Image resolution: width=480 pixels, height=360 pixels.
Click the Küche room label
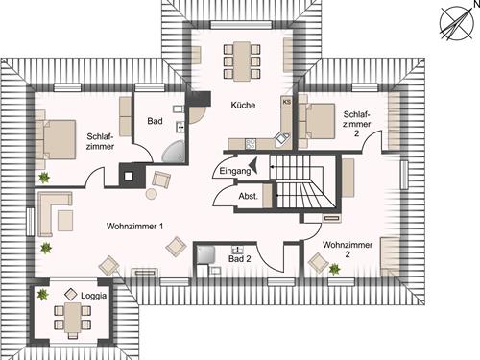coord(243,107)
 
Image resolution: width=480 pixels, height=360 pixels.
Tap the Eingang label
coord(235,171)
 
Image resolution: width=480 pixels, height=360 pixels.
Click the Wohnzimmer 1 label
coord(135,226)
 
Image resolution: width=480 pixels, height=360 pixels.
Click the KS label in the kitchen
coord(286,101)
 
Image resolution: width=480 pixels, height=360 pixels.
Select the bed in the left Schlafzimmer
coord(57,134)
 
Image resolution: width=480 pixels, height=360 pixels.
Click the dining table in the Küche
coord(242,60)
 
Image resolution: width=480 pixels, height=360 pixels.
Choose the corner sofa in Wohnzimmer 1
coord(53,208)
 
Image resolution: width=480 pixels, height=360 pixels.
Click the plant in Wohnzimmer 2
coord(334,270)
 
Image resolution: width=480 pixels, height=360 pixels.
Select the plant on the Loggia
coord(42,296)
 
